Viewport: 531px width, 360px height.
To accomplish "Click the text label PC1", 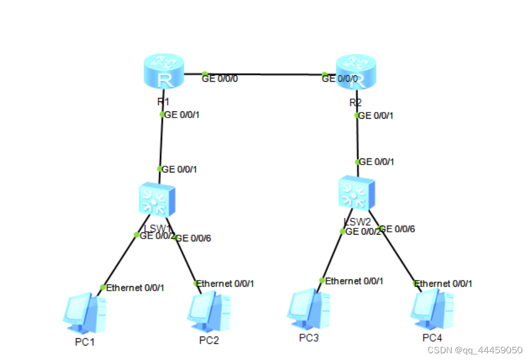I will (x=86, y=341).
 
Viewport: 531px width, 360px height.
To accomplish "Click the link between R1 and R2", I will (x=263, y=74).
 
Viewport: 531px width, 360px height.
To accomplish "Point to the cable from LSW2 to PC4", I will (x=397, y=255).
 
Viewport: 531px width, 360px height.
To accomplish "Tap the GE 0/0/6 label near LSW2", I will (x=398, y=229).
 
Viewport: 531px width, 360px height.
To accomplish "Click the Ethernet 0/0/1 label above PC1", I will (x=135, y=288).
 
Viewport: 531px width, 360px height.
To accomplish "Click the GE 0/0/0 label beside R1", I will (x=220, y=79).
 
